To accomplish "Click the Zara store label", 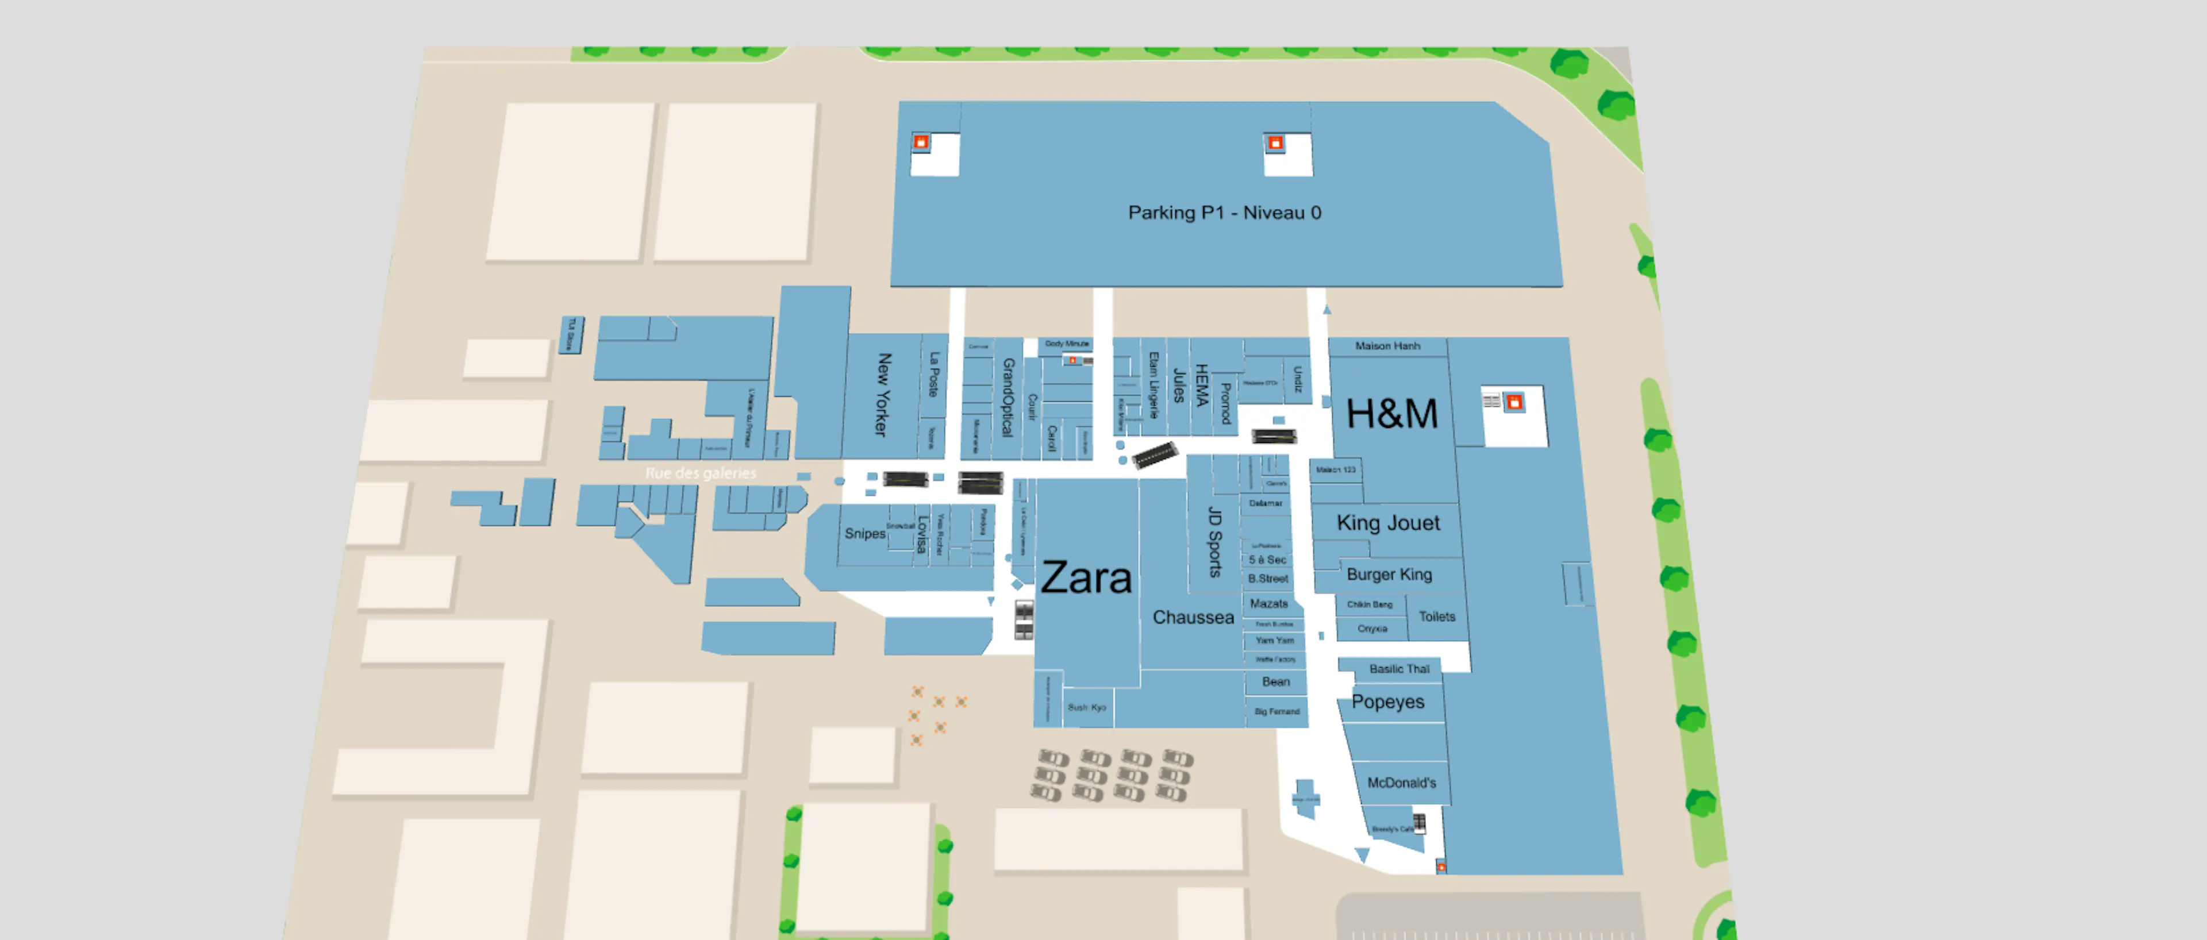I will tap(1086, 579).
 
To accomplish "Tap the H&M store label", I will tap(1391, 414).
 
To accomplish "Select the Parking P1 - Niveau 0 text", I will tap(1224, 213).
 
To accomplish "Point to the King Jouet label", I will tap(1388, 523).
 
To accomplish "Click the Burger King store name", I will tap(1389, 574).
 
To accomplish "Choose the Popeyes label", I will tap(1388, 702).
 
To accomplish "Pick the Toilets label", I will tap(1437, 616).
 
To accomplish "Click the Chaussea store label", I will tap(1193, 617).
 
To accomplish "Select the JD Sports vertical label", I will tap(1214, 542).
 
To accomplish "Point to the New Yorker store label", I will tap(882, 394).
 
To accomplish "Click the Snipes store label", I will tap(864, 533).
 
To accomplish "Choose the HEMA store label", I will tap(1201, 386).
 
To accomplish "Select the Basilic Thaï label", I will tap(1398, 668).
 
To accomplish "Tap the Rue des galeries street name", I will tap(700, 473).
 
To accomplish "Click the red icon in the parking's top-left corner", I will tap(921, 142).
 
